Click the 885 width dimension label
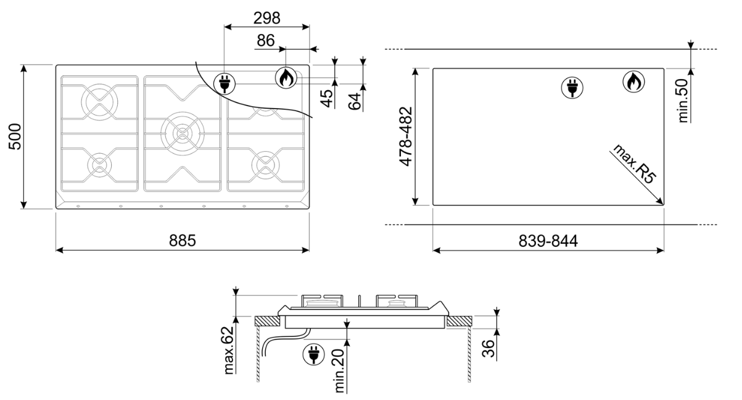[183, 240]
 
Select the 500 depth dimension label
[14, 136]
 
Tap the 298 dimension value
[266, 18]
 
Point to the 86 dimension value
[265, 41]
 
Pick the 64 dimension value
[354, 101]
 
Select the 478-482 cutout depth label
[405, 136]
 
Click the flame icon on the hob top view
[284, 77]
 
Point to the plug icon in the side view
[313, 354]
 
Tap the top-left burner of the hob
[99, 100]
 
